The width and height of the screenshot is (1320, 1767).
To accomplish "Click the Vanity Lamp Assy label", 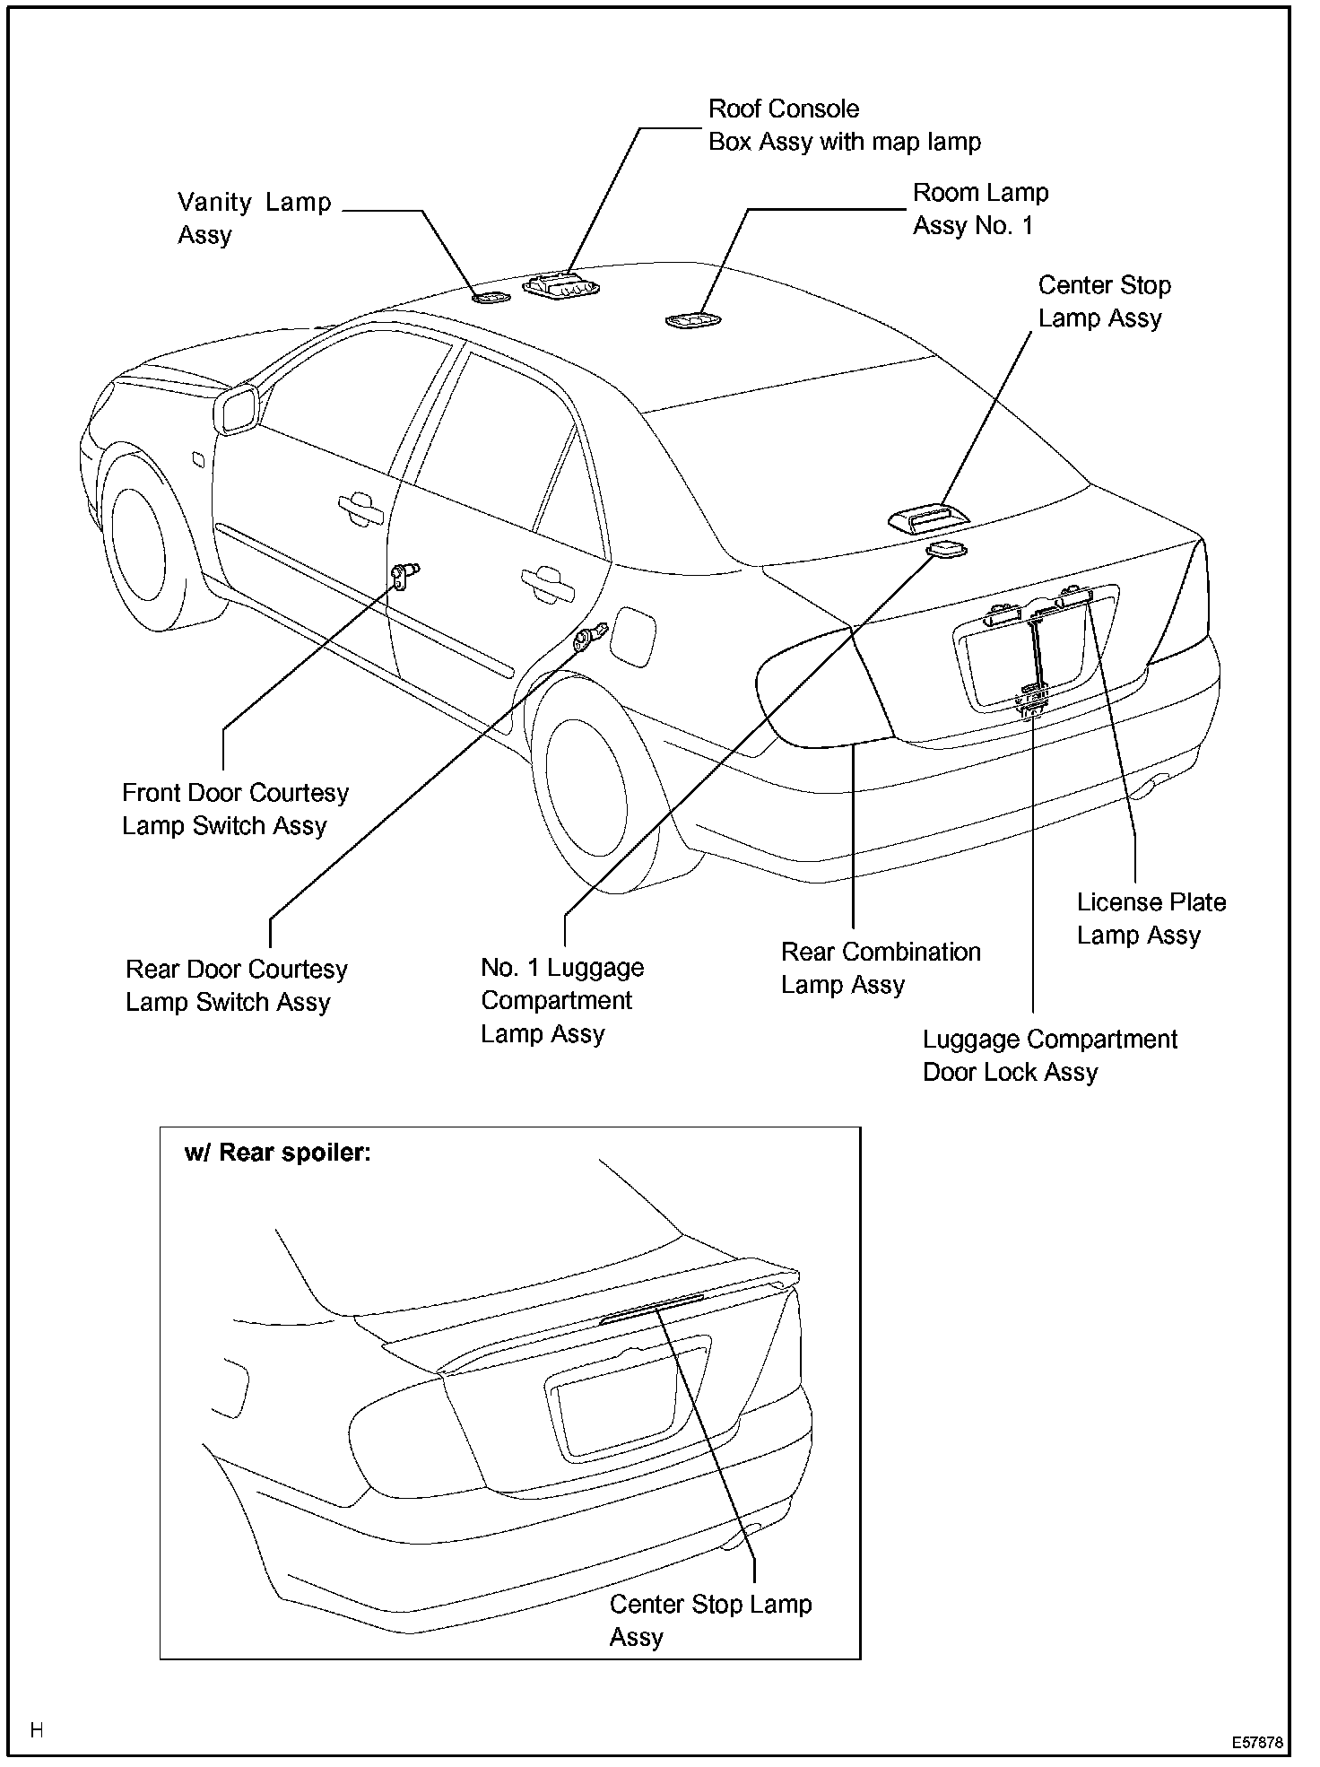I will click(254, 218).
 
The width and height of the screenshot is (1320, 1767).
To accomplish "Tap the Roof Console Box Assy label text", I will click(844, 126).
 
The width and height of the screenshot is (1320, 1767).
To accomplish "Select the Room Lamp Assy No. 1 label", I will click(980, 209).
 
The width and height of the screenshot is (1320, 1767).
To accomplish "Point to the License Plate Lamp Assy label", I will click(1151, 918).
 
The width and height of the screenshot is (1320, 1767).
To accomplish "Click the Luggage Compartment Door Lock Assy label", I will click(1049, 1056).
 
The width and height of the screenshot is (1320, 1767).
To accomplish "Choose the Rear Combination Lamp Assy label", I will click(881, 968).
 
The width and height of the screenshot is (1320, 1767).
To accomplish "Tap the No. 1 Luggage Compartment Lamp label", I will click(561, 1000).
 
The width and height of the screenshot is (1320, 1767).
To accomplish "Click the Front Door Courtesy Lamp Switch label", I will click(235, 809).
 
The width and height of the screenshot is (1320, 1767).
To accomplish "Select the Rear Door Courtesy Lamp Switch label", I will click(237, 986).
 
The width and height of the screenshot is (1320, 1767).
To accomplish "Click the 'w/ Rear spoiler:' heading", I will click(277, 1153).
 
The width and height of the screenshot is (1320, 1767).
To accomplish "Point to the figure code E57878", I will click(1257, 1743).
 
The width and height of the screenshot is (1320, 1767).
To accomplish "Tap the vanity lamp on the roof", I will click(491, 297).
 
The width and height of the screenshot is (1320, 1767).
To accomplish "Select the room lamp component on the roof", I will click(692, 319).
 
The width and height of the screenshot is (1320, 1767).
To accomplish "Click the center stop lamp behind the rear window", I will click(928, 518).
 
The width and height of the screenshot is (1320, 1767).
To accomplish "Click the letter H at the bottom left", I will click(37, 1730).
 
